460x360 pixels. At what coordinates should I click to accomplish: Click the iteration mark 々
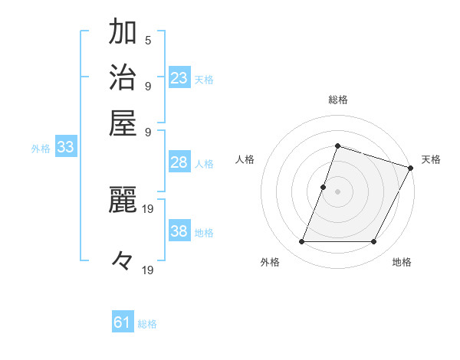tap(123, 262)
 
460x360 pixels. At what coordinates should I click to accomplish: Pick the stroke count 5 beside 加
tap(148, 40)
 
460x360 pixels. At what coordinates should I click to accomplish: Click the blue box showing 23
tap(179, 78)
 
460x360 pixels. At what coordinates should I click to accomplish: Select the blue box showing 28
tap(179, 162)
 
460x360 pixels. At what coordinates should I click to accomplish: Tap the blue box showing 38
tap(179, 231)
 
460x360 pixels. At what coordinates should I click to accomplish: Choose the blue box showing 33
tap(65, 148)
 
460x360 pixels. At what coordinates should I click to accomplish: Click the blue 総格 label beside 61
tap(147, 324)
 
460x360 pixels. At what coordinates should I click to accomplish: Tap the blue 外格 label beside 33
tap(41, 149)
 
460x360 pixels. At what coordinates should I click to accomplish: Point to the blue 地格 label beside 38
tap(205, 232)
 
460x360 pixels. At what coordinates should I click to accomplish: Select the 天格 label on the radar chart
tap(432, 159)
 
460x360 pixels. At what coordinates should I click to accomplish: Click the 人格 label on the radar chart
tap(245, 159)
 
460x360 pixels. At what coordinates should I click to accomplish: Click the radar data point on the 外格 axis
tap(301, 242)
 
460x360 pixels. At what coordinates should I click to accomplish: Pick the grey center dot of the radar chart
tap(337, 191)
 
